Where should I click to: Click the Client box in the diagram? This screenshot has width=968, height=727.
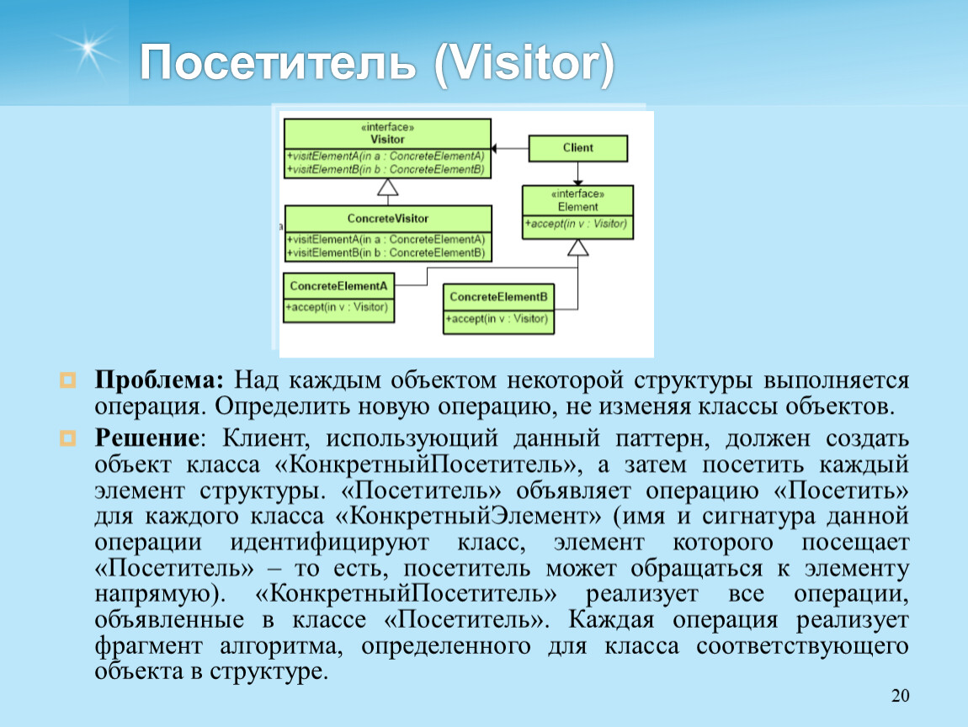click(577, 148)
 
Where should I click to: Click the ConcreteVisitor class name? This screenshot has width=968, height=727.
click(388, 219)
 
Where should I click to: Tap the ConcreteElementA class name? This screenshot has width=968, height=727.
click(338, 286)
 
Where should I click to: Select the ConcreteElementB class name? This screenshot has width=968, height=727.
click(498, 297)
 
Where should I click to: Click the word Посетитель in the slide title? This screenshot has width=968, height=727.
click(278, 62)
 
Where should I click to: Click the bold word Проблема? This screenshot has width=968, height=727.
click(158, 380)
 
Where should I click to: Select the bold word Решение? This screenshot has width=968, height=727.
click(147, 438)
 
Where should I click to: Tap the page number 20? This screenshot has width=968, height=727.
click(900, 696)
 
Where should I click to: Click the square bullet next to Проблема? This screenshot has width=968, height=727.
click(67, 380)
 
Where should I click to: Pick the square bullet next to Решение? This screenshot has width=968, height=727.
click(67, 438)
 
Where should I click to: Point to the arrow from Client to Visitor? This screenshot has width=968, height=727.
click(510, 149)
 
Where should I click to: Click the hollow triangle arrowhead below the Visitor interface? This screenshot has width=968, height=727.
click(388, 187)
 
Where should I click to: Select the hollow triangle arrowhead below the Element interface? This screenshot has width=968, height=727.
click(577, 247)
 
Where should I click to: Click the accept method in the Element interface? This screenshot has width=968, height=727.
click(576, 224)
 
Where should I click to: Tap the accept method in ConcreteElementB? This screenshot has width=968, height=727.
click(497, 319)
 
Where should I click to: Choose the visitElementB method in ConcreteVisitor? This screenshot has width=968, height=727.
click(386, 253)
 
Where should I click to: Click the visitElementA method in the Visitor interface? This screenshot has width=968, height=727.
click(386, 157)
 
